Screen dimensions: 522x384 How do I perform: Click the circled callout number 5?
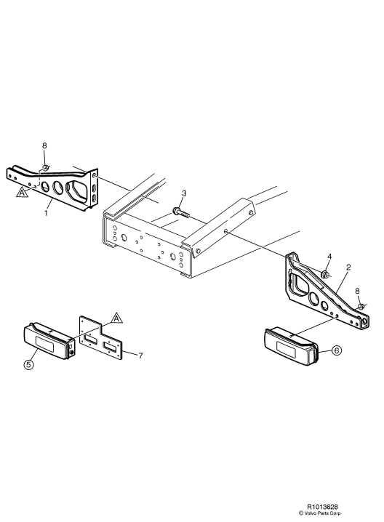(28, 365)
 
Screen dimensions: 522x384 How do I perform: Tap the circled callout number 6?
(337, 350)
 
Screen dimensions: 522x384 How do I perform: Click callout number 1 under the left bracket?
(47, 212)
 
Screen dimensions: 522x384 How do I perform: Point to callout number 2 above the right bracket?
(348, 268)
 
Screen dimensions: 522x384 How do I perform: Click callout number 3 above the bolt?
(184, 193)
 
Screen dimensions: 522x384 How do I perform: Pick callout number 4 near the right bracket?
(329, 257)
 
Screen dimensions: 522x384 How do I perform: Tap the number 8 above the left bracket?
(44, 147)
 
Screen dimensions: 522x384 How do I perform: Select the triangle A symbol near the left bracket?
(23, 193)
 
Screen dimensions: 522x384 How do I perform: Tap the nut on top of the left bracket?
(44, 168)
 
